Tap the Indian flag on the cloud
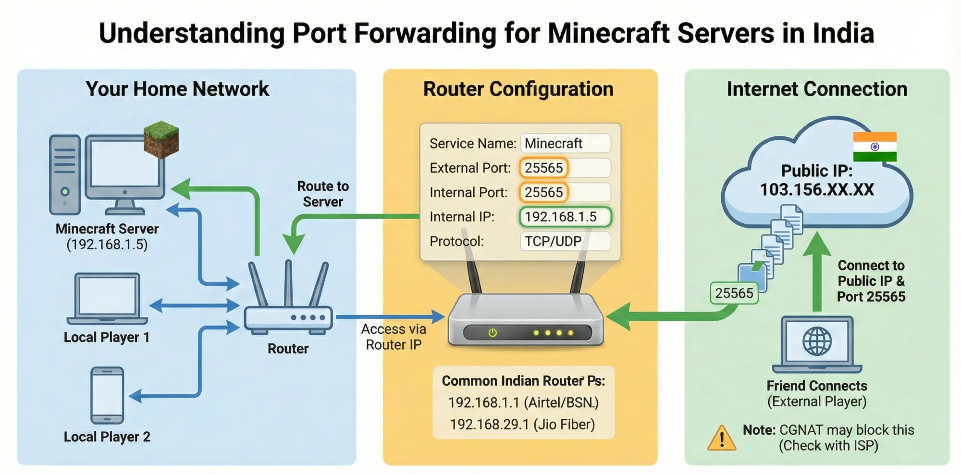tap(875, 146)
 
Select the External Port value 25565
tap(543, 168)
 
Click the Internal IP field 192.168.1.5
tap(565, 217)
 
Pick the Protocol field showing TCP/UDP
tap(565, 241)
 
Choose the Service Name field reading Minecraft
tap(565, 144)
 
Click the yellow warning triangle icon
tap(721, 438)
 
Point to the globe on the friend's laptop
tap(817, 341)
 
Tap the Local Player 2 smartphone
tap(107, 395)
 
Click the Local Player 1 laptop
tap(107, 298)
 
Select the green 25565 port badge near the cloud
tap(734, 293)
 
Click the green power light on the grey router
tap(493, 332)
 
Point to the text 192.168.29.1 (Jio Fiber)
tap(522, 425)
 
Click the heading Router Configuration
tap(518, 89)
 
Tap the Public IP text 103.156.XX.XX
tap(817, 190)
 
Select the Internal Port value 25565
tap(543, 193)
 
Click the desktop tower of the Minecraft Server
tap(65, 174)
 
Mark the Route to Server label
tap(323, 194)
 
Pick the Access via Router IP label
tap(394, 337)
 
